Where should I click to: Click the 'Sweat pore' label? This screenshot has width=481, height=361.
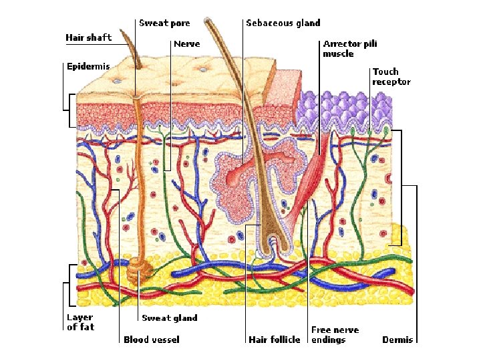pos(164,23)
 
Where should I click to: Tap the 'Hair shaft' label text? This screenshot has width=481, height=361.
pos(88,37)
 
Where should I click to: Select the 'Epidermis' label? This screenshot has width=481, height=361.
pos(87,67)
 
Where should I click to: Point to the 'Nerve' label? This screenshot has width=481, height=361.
pos(186,44)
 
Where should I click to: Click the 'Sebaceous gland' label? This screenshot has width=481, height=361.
pos(283,23)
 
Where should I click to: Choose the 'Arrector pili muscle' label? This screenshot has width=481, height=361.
pos(350,48)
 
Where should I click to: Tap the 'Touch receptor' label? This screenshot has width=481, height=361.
pos(391,76)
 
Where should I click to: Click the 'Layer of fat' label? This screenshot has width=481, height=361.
pos(80,322)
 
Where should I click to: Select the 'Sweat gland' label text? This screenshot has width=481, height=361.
pos(169,318)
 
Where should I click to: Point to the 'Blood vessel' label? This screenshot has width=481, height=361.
pos(151,340)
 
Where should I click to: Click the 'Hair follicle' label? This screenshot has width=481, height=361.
pos(274,340)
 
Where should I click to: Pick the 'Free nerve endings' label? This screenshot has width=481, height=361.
pos(335,335)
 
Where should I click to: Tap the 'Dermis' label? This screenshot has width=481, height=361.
pos(397,340)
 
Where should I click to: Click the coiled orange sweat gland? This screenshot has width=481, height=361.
pos(140,267)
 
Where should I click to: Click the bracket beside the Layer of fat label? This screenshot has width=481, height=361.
pos(69,284)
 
